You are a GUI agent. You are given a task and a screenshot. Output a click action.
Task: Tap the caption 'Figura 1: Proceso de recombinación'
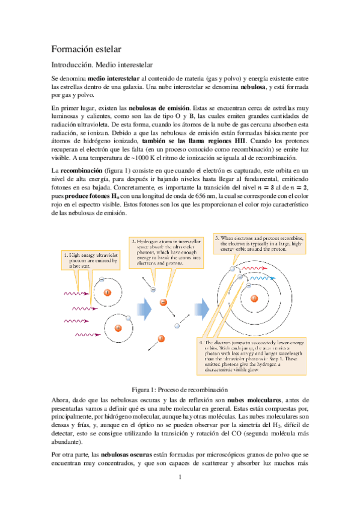point(180,389)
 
